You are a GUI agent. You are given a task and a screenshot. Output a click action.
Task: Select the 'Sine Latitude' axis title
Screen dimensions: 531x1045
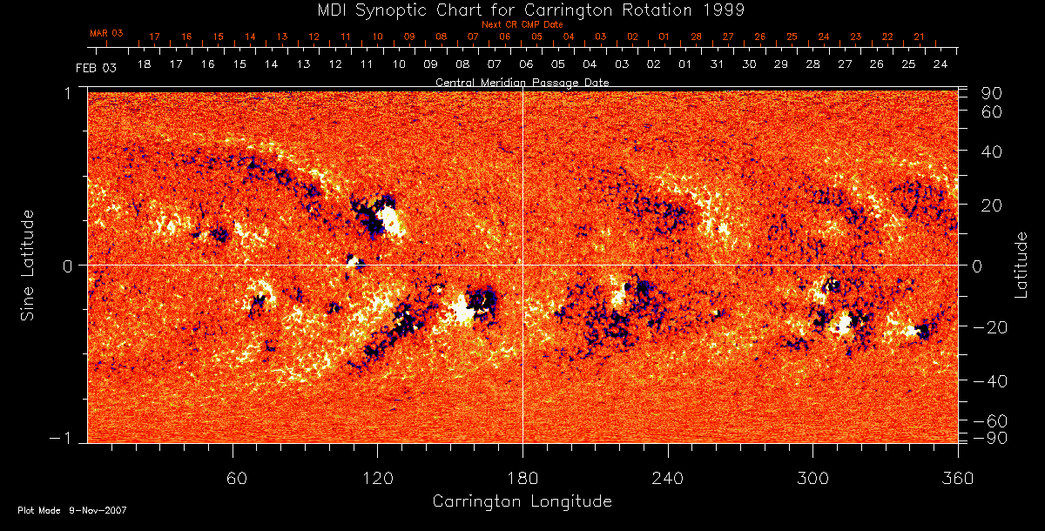pos(28,265)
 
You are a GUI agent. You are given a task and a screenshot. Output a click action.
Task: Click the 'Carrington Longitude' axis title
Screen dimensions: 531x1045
pos(522,501)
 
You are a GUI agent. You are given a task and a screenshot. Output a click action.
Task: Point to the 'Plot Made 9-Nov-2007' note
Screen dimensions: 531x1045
pos(71,511)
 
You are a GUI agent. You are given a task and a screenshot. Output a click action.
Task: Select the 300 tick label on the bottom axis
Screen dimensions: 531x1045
pos(812,479)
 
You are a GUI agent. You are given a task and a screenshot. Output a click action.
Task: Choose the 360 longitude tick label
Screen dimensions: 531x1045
pos(957,479)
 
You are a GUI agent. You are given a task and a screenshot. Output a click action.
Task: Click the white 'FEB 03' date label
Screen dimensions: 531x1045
pos(96,67)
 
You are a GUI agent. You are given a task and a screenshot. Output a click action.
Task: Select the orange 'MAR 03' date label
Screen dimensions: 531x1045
pos(106,33)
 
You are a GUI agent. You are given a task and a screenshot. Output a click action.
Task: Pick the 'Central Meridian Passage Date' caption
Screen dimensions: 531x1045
pos(522,82)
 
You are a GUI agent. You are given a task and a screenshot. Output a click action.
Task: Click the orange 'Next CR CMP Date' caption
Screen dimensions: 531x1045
pos(522,24)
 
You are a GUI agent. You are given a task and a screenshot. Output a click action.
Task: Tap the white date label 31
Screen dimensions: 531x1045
pos(717,65)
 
